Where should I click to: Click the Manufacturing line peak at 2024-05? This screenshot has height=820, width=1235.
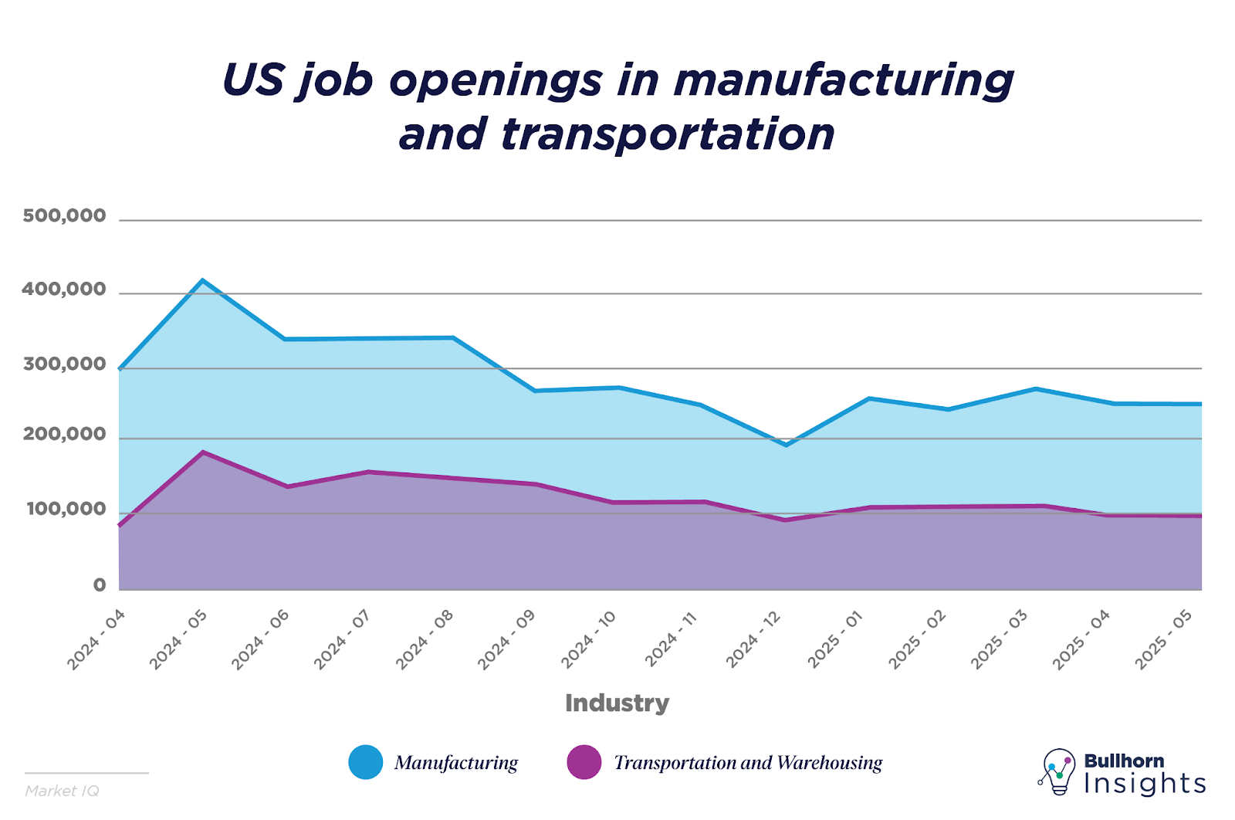(x=202, y=280)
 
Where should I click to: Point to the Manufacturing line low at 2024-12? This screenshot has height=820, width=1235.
(x=786, y=445)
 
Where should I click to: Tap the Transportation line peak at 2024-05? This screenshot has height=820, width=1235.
(x=202, y=452)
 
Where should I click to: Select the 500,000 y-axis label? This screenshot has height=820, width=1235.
(x=64, y=216)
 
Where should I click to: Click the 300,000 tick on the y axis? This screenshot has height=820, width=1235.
(x=64, y=364)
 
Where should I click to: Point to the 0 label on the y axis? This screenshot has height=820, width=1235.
(x=100, y=585)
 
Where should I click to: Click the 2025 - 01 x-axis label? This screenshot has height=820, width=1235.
(x=835, y=639)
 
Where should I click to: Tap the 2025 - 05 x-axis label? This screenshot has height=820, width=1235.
(x=1164, y=639)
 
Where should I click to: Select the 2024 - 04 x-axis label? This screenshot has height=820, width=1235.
(x=96, y=639)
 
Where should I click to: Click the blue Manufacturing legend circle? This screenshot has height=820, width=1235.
(x=365, y=762)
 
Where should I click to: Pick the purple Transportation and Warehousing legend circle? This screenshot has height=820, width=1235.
(x=584, y=762)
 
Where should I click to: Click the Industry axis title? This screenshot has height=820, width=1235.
(x=617, y=703)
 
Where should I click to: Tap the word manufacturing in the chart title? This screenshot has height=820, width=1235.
(x=844, y=80)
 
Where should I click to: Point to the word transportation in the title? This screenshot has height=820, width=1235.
(x=668, y=134)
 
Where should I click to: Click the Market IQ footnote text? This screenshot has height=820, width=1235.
(x=62, y=791)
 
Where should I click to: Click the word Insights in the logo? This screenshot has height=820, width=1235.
(x=1144, y=784)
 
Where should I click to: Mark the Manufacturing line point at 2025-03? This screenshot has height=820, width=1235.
(x=1036, y=388)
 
